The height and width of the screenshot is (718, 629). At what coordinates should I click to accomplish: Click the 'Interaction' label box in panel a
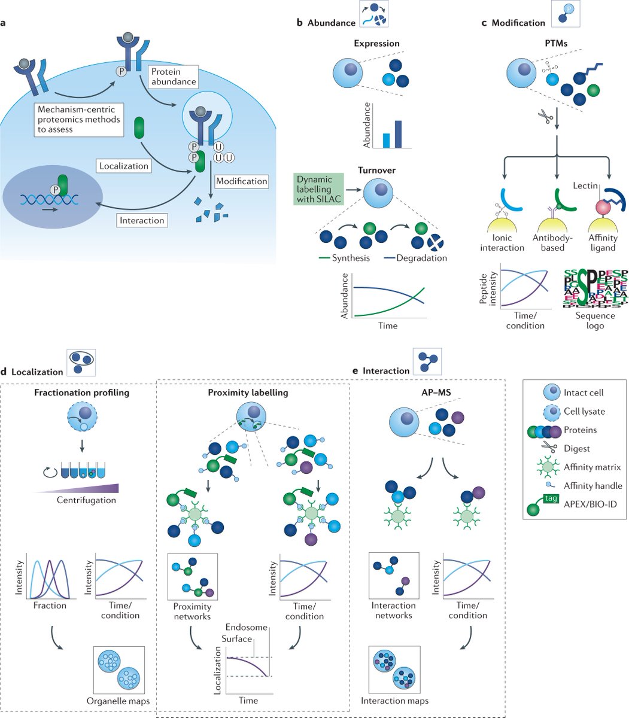coord(142,220)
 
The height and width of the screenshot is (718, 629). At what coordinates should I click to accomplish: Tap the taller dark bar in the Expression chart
coord(397,134)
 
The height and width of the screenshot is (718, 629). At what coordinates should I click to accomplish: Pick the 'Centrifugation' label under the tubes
coord(87,500)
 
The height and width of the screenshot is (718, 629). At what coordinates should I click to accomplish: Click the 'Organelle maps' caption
coord(118,701)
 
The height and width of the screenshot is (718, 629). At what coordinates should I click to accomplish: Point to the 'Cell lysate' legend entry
coord(584,412)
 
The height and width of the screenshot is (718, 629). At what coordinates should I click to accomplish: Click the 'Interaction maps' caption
coord(394,701)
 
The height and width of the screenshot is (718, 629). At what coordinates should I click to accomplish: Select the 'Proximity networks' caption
coord(193,611)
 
